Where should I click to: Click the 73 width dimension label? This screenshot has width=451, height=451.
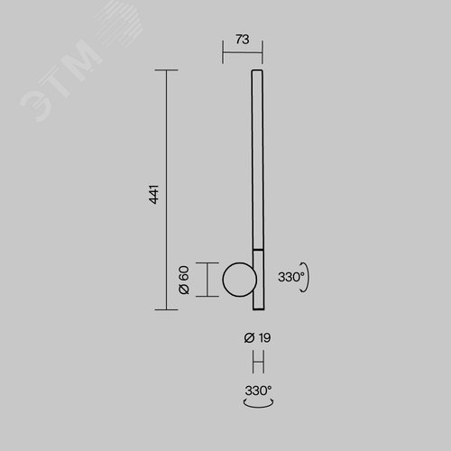pyautogui.click(x=243, y=40)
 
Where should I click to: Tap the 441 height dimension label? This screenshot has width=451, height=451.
pyautogui.click(x=154, y=195)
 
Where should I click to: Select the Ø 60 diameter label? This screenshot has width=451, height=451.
pyautogui.click(x=184, y=280)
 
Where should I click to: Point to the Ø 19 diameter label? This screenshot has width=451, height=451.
pyautogui.click(x=257, y=338)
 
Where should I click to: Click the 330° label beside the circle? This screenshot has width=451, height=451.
pyautogui.click(x=291, y=277)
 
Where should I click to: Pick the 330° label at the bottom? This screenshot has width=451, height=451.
pyautogui.click(x=258, y=391)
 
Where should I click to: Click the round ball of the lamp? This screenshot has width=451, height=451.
pyautogui.click(x=239, y=280)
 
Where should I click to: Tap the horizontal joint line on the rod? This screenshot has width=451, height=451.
pyautogui.click(x=258, y=250)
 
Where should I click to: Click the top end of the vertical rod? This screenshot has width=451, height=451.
pyautogui.click(x=257, y=70)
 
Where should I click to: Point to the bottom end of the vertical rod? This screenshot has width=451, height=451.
pyautogui.click(x=259, y=309)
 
